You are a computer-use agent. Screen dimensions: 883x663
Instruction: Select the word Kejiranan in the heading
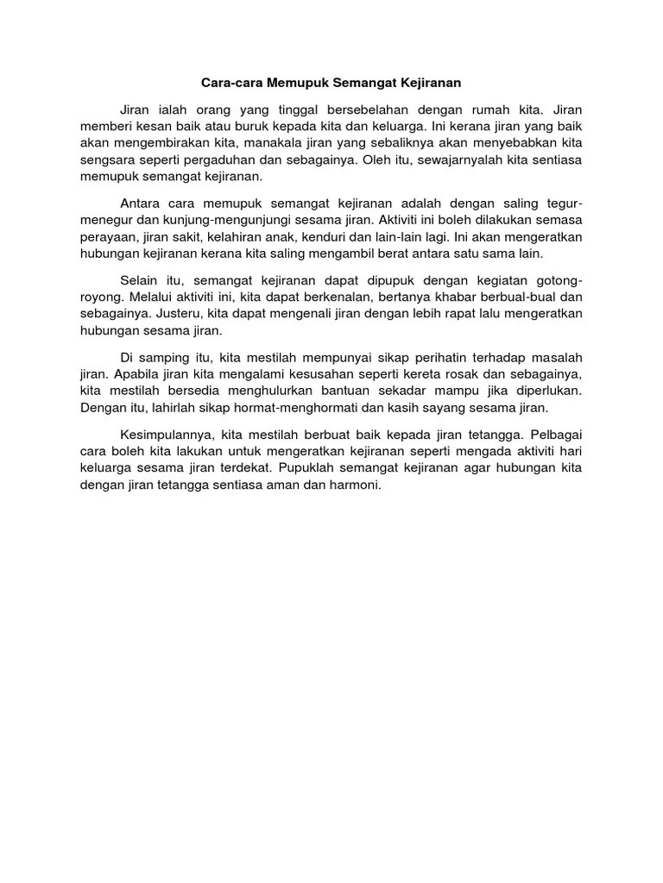(428, 84)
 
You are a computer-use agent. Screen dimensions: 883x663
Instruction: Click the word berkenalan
(330, 297)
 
